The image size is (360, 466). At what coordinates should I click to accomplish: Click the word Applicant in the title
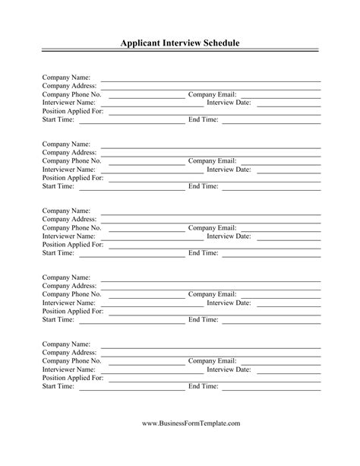click(x=144, y=43)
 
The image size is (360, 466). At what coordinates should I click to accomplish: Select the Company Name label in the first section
click(x=66, y=78)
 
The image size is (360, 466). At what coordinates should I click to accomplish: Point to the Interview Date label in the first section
click(x=229, y=103)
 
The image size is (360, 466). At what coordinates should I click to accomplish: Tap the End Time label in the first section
click(x=203, y=119)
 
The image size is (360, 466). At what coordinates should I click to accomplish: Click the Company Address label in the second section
click(x=69, y=152)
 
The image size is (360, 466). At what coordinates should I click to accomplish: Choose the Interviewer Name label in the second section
click(x=69, y=169)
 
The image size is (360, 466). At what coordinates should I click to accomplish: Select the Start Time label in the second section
click(x=58, y=185)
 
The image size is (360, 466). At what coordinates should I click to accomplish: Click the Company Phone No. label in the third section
click(x=71, y=227)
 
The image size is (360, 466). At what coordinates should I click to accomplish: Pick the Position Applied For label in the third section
click(x=73, y=244)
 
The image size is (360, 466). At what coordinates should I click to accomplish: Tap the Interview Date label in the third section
click(x=229, y=236)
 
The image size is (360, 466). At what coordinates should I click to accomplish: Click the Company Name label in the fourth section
click(x=66, y=277)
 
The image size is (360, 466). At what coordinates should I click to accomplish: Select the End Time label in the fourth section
click(x=203, y=319)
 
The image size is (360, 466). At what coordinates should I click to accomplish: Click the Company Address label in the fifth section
click(x=69, y=353)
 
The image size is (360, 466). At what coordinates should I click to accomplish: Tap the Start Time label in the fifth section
click(x=58, y=386)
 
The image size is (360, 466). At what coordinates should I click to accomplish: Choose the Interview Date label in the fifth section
click(x=229, y=369)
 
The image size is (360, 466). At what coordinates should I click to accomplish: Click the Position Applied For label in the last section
click(x=73, y=378)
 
